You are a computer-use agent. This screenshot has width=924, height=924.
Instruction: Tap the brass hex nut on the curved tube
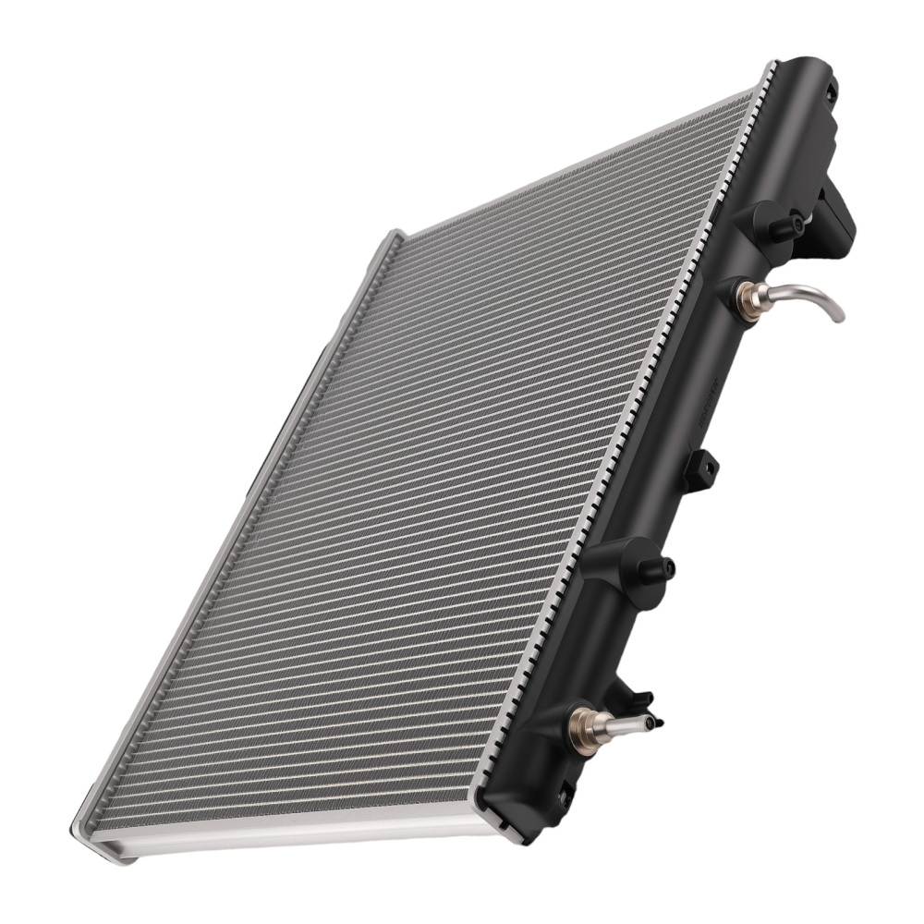747,298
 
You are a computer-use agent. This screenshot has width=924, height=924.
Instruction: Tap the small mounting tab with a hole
702,470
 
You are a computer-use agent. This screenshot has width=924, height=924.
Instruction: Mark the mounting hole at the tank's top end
829,91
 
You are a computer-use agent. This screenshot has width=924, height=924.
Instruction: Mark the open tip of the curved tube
840,317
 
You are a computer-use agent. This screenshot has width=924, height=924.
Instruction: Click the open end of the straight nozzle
652,722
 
